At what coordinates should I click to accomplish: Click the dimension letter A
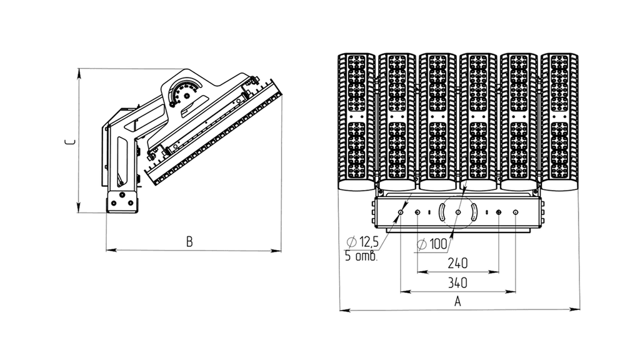457,302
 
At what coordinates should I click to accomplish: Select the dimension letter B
189,242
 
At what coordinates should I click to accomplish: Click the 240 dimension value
457,263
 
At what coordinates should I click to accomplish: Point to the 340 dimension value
457,282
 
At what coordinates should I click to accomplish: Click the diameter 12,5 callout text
362,242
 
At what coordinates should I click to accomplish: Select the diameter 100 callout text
432,244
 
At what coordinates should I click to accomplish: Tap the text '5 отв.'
361,256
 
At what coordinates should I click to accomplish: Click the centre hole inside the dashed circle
458,212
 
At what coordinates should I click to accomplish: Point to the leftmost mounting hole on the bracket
401,212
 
